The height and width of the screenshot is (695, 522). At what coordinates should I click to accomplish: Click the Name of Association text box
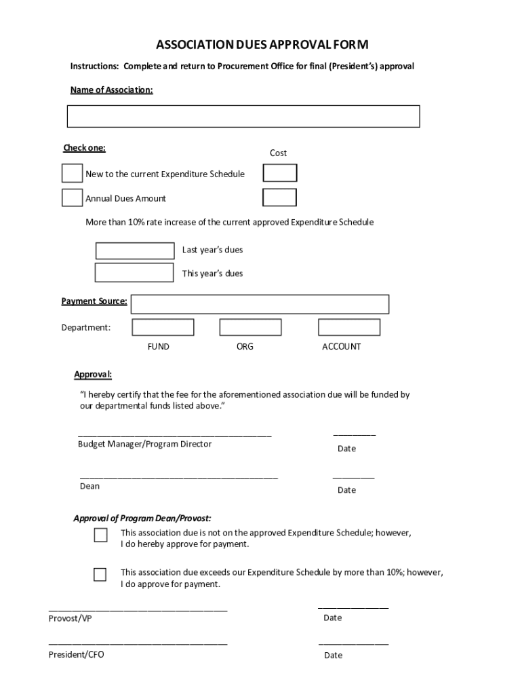point(243,116)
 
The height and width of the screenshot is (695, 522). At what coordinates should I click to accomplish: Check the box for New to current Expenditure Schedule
point(72,174)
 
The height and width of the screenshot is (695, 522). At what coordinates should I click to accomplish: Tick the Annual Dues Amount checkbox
point(72,198)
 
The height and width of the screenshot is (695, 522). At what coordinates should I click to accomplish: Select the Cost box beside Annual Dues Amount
point(279,198)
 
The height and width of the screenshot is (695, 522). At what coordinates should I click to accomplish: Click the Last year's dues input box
point(135,250)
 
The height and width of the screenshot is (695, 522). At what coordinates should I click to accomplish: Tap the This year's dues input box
point(134,273)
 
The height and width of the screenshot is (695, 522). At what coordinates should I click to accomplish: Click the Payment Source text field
point(260,304)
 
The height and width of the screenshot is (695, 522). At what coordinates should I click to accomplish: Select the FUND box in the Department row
point(163,327)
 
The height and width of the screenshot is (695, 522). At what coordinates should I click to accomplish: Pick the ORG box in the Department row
point(250,327)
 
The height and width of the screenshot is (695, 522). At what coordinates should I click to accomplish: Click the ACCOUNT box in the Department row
point(349,327)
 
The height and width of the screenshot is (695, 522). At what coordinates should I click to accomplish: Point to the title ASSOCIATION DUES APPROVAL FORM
point(262,45)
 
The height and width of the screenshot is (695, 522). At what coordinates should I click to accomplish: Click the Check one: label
point(85,148)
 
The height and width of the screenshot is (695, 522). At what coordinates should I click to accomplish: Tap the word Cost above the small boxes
point(279,153)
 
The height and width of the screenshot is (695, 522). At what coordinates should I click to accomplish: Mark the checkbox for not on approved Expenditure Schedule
point(100,536)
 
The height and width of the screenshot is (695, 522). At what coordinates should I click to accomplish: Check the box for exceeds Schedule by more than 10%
point(100,575)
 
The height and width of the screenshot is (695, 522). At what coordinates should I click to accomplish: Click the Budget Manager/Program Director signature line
point(174,435)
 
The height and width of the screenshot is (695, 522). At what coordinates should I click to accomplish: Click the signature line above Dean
point(178,478)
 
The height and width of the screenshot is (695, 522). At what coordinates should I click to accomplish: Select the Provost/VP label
point(70,618)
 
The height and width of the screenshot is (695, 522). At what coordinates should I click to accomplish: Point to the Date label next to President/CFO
point(333,656)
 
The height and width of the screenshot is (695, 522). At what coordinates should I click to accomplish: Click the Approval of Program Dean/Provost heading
point(142,519)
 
